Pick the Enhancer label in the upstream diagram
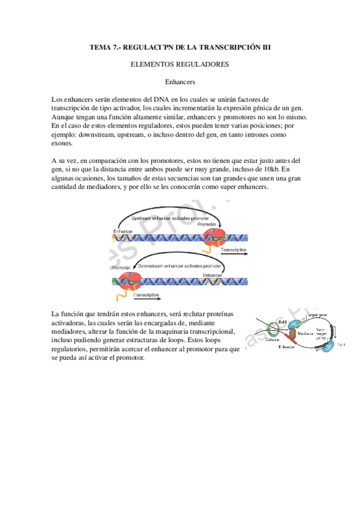coord(122,231)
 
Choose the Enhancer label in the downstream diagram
coord(212,275)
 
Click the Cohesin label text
coord(271,340)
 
